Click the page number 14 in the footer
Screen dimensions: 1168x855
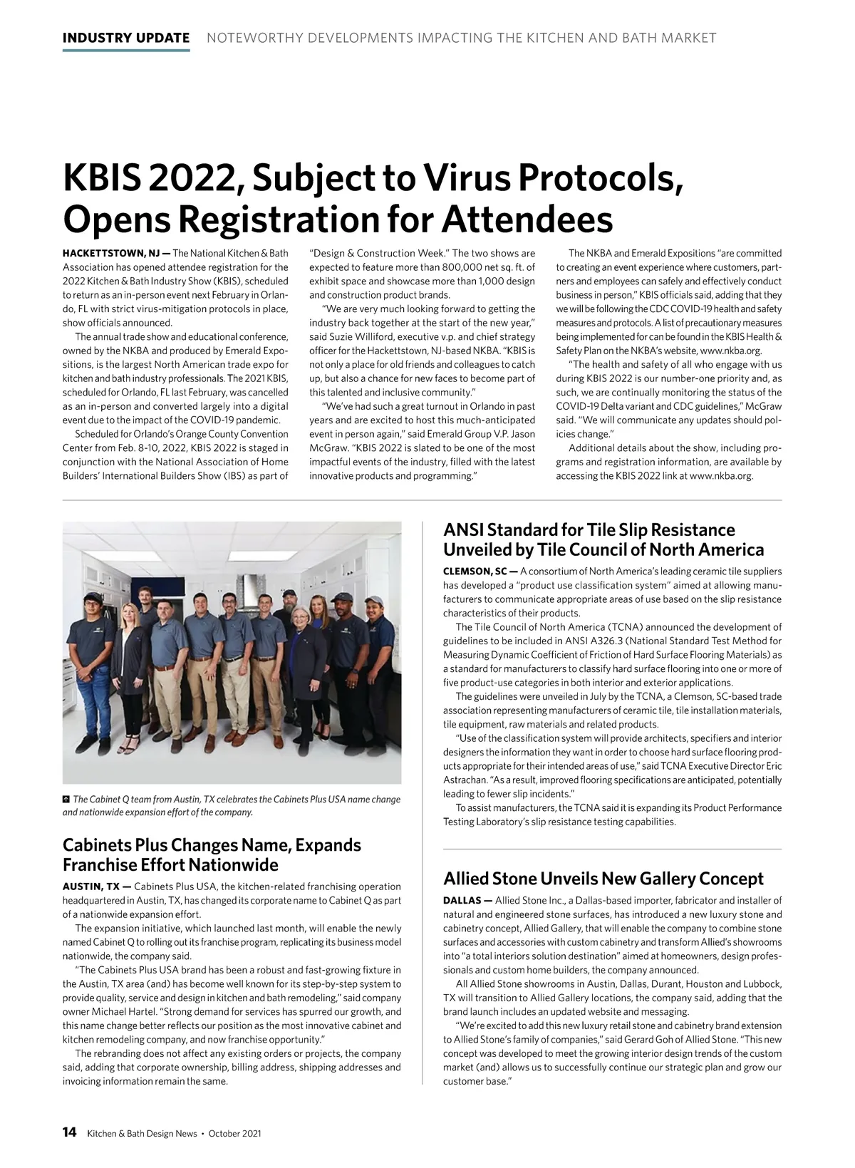(70, 1132)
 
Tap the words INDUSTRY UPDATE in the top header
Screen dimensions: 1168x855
(126, 38)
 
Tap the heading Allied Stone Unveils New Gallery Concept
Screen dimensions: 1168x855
(603, 878)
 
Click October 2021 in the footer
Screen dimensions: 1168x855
(234, 1133)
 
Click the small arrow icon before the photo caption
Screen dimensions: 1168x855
(66, 799)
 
